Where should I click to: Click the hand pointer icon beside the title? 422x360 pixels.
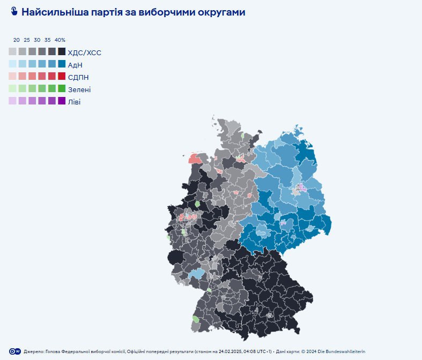coord(14,12)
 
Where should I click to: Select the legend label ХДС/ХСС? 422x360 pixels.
coord(85,52)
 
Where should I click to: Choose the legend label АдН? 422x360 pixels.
coord(76,65)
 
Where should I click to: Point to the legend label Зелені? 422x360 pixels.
coord(79,89)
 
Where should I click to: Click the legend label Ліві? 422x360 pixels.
coord(75,102)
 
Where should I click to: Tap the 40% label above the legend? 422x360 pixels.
coord(60,40)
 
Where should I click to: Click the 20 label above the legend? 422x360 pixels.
coord(17,40)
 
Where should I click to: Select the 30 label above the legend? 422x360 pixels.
coord(37,40)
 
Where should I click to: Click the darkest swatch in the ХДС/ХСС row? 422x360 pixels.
coord(62,52)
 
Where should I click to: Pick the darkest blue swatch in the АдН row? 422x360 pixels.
coord(62,64)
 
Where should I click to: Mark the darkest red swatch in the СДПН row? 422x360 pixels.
coord(62,77)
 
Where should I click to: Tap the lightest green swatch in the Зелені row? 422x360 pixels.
coord(12,89)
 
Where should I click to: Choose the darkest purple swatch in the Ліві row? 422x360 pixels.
coord(62,101)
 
